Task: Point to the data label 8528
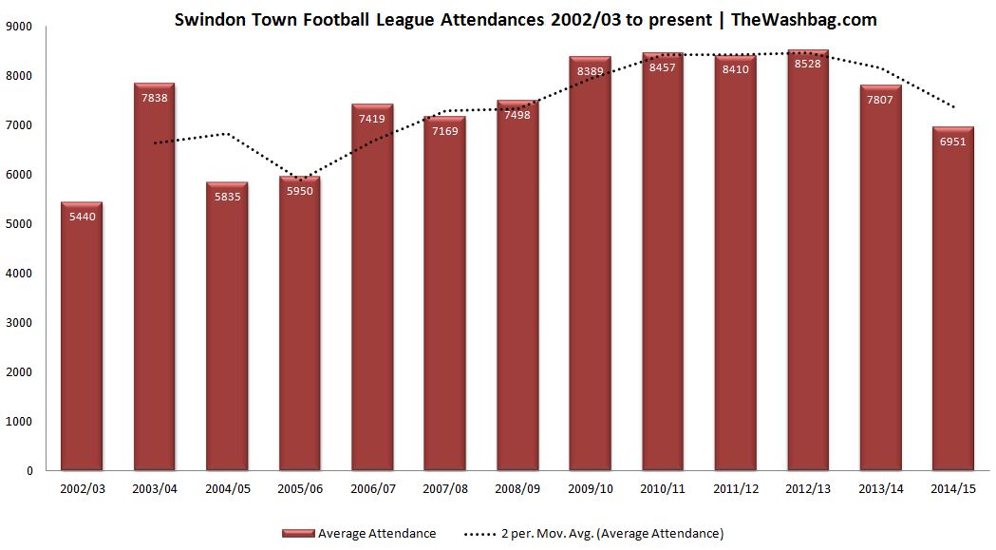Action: (x=808, y=64)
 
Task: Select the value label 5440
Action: (x=82, y=216)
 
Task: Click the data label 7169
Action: (x=445, y=130)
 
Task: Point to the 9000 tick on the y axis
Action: (x=20, y=27)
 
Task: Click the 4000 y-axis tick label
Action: (x=20, y=274)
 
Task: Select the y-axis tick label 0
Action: (x=29, y=471)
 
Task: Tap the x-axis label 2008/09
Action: (x=518, y=490)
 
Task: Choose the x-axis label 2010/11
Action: (x=664, y=490)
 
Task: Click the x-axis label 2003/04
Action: (x=155, y=490)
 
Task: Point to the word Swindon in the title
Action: (x=203, y=19)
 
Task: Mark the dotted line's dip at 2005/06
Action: (x=300, y=179)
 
